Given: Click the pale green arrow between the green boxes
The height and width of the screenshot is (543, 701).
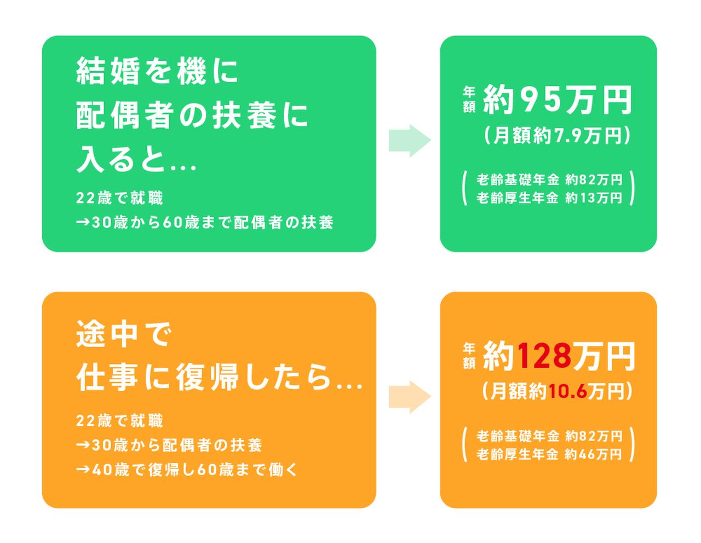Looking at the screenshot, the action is point(410,141).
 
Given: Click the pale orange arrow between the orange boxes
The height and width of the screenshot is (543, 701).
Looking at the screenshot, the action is point(410,397).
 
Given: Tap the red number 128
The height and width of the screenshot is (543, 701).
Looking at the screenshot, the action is point(544,357).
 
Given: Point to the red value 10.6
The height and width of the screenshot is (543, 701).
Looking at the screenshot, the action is point(567,392).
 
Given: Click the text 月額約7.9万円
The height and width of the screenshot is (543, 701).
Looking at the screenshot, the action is point(558,136).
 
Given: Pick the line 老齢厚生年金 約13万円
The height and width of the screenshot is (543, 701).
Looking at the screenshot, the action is point(549,198).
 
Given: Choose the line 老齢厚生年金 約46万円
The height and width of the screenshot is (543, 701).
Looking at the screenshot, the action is point(549,454).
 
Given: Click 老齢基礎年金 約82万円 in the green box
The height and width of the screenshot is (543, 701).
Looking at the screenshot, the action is point(549,180).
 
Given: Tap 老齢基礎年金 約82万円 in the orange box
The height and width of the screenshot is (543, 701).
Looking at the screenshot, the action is point(549,436).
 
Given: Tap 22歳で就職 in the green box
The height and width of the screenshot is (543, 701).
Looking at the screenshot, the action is point(120,198).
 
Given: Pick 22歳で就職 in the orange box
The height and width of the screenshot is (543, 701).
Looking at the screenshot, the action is point(120,421).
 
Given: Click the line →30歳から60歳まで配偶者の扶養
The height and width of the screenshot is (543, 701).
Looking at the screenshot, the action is point(205,223).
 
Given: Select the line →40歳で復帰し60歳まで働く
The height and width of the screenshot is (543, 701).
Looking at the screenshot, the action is point(187,470).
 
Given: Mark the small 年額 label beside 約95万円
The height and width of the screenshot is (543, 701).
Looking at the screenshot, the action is point(469,100).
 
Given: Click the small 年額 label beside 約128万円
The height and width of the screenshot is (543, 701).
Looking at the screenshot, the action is point(469,356).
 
